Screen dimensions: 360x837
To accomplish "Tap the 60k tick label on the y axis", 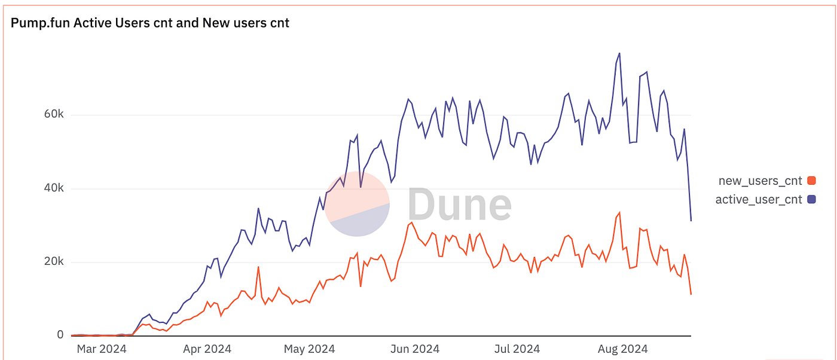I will [52, 115].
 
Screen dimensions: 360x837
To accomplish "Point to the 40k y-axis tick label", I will [52, 189].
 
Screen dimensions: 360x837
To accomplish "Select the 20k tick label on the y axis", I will [52, 262].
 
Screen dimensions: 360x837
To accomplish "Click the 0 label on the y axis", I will [60, 335].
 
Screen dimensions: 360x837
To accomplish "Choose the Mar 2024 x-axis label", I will [101, 349].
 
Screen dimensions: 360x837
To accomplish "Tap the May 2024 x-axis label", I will [309, 349].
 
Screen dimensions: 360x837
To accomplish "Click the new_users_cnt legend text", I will [760, 181].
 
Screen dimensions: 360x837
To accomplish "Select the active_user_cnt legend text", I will [759, 200].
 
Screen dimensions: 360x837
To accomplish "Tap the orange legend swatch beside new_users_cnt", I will [811, 181].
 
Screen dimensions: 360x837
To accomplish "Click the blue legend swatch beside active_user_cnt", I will [811, 200].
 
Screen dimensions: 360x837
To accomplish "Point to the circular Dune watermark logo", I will [357, 204].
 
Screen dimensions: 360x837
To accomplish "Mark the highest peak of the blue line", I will [619, 53].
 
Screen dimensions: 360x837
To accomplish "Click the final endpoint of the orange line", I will [691, 294].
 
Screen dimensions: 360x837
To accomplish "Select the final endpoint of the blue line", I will [691, 221].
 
